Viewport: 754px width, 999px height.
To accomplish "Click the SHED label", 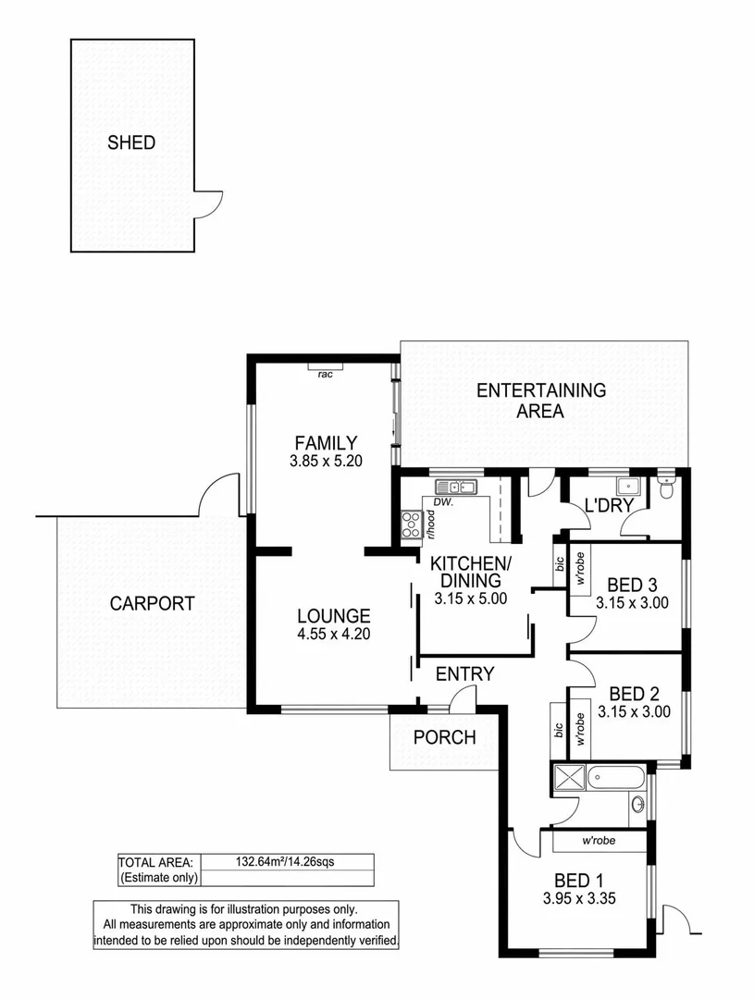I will (x=131, y=143).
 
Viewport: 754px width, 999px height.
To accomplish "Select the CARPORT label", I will (x=153, y=604).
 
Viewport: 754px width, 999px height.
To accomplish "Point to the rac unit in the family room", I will (x=325, y=374).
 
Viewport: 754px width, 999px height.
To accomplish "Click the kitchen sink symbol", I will (x=455, y=487).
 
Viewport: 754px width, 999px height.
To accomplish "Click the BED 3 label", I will (x=632, y=585).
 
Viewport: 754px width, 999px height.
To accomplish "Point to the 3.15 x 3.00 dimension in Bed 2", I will (x=633, y=712).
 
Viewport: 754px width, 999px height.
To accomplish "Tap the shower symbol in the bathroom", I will (x=566, y=778).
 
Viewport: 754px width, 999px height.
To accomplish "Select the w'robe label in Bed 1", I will (x=599, y=842).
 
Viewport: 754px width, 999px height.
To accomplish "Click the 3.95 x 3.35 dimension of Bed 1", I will (x=579, y=897).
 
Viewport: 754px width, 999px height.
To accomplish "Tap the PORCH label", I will (x=444, y=737).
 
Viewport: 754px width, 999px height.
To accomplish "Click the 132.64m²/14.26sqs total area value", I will (x=288, y=862).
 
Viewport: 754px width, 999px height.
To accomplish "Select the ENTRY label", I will (x=464, y=674).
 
